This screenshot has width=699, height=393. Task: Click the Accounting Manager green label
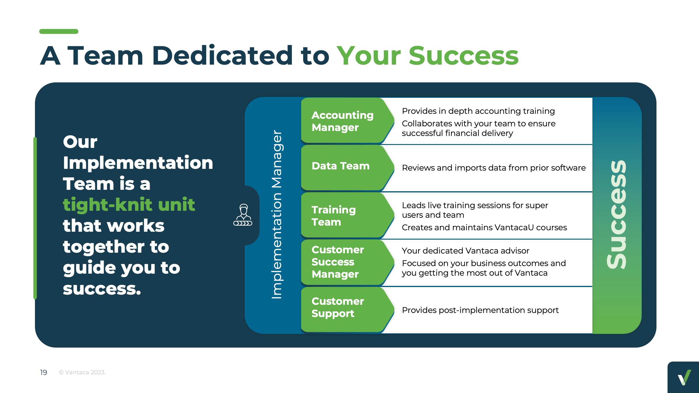pyautogui.click(x=343, y=121)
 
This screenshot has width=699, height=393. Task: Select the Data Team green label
pyautogui.click(x=340, y=166)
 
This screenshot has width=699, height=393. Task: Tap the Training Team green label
pyautogui.click(x=334, y=216)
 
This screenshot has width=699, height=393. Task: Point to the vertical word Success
pyautogui.click(x=616, y=215)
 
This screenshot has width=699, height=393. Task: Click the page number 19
pyautogui.click(x=43, y=372)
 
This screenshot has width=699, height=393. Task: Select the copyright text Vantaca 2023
pyautogui.click(x=82, y=372)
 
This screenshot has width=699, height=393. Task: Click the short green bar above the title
pyautogui.click(x=59, y=31)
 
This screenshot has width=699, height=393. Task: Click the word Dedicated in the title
pyautogui.click(x=222, y=56)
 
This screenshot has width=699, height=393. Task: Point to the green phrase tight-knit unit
pyautogui.click(x=129, y=204)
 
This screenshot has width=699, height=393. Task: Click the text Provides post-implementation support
pyautogui.click(x=480, y=310)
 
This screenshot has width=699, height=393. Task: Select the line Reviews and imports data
pyautogui.click(x=494, y=168)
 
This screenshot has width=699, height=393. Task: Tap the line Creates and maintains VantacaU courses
pyautogui.click(x=484, y=227)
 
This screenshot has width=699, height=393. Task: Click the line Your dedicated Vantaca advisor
pyautogui.click(x=465, y=251)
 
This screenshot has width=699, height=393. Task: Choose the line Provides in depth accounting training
pyautogui.click(x=478, y=111)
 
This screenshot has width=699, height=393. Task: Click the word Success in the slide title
pyautogui.click(x=464, y=56)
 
